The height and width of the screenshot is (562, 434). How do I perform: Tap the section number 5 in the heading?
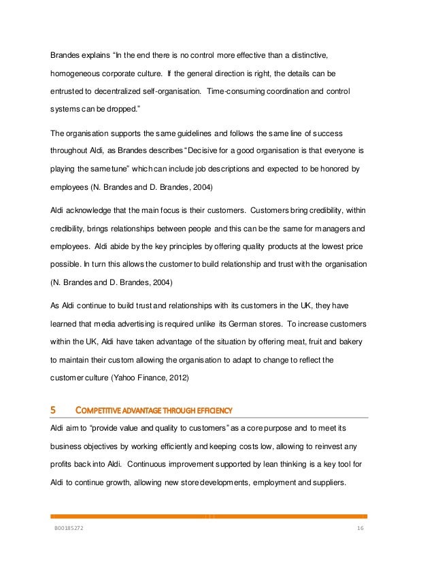click(x=54, y=410)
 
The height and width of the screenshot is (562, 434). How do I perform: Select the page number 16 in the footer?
click(x=361, y=528)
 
